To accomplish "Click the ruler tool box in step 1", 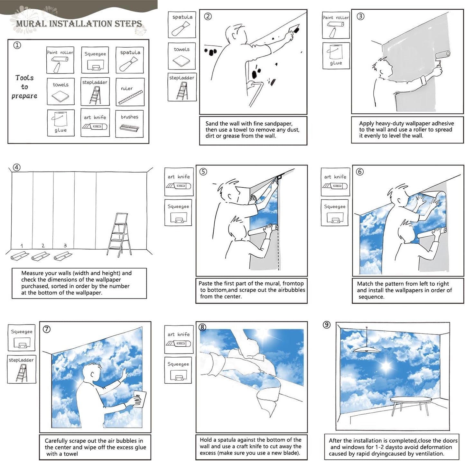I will pos(130,92).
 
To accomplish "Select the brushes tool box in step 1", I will pos(129,124).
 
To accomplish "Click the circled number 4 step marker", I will pos(16,167).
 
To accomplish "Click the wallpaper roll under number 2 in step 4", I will pos(40,256).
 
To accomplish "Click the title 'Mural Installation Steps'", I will pos(79,24).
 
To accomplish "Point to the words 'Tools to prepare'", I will pos(24,87).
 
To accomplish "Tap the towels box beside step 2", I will pos(182,56).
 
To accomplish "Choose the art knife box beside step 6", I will pos(335,182).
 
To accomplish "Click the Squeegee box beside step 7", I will pos(22,338).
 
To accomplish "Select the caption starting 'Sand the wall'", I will pos(253,130).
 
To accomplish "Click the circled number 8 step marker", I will pos(202,327).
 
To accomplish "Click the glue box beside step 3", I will pos(336,56).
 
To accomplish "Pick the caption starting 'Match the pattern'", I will pos(407,290).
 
